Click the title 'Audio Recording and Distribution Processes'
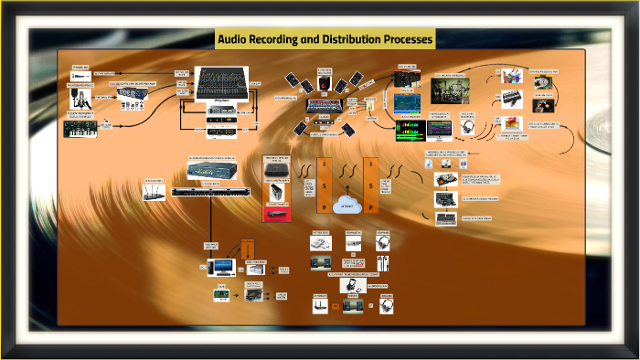(x=325, y=39)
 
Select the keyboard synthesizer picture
(x=80, y=131)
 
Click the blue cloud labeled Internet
(x=347, y=204)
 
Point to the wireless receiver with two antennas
(x=152, y=196)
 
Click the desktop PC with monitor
(x=219, y=268)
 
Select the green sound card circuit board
(x=219, y=294)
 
